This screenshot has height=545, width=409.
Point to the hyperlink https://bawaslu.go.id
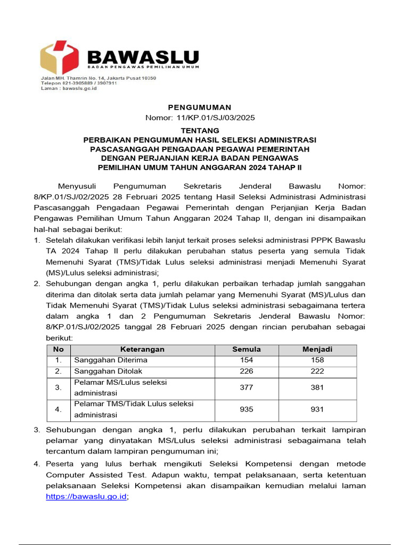(86, 496)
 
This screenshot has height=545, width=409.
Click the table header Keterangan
(142, 350)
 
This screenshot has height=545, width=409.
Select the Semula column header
(247, 350)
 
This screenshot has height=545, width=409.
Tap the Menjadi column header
(317, 350)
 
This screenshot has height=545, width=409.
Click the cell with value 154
(247, 360)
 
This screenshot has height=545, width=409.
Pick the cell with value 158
(317, 360)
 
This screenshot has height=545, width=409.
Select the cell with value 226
(247, 371)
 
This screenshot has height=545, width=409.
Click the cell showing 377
(247, 387)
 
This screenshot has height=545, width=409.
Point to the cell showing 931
(317, 409)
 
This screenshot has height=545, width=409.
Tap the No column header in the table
(59, 350)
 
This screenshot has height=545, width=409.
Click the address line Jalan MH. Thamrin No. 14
(99, 78)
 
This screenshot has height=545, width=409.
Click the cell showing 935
(247, 409)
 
